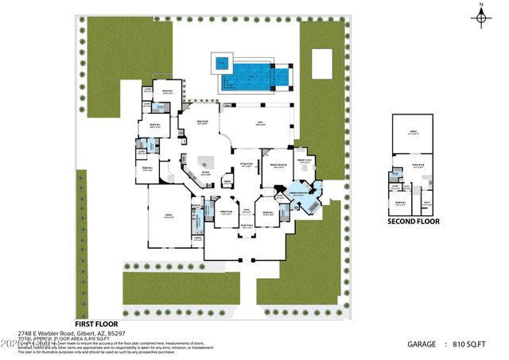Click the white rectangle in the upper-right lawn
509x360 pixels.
pos(321,64)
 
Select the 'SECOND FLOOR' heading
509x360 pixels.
pos(413,222)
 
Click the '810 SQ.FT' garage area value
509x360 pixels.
pos(476,344)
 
